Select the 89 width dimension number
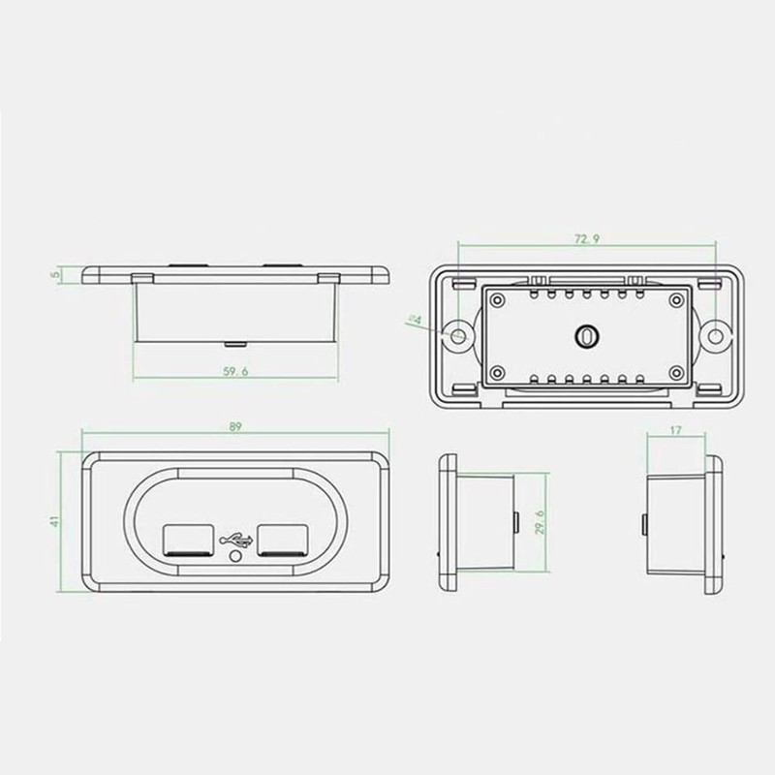pyautogui.click(x=235, y=426)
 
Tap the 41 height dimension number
pyautogui.click(x=57, y=520)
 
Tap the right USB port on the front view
pyautogui.click(x=280, y=538)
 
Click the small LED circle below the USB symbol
pyautogui.click(x=232, y=559)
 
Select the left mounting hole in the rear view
pyautogui.click(x=457, y=334)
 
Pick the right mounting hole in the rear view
pyautogui.click(x=715, y=334)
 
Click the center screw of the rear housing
pyautogui.click(x=585, y=334)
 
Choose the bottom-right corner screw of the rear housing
pyautogui.click(x=674, y=373)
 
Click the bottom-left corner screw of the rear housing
pyautogui.click(x=497, y=373)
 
